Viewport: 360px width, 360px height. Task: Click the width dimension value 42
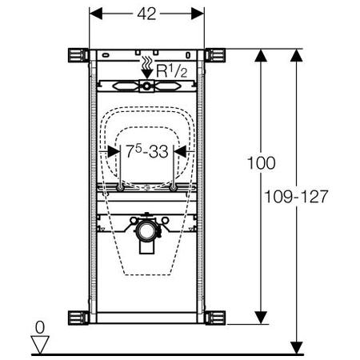coord(146,14)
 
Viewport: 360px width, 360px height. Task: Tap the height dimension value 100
coord(262,163)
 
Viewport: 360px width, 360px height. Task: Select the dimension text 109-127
coord(296,197)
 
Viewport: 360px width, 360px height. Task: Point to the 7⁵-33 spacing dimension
coord(147,151)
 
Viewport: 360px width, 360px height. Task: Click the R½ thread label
coord(172,71)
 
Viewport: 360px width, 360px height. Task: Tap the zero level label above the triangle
coord(40,327)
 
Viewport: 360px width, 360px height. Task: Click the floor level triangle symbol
coord(40,345)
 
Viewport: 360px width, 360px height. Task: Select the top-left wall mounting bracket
coord(78,55)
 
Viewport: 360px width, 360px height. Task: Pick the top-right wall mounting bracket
coord(215,55)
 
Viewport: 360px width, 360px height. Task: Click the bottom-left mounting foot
coord(78,318)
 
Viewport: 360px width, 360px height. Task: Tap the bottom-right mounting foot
coord(215,318)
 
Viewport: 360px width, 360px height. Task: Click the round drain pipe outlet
coord(146,230)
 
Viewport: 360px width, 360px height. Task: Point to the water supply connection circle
coord(146,86)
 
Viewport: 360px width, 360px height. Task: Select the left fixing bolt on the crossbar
coord(120,188)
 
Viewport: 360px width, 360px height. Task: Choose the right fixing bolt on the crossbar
coord(174,188)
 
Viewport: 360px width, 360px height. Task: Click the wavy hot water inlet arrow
coord(146,67)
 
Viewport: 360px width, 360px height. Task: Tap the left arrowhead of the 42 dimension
coord(96,14)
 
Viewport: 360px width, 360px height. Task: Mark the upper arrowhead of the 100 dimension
coord(261,55)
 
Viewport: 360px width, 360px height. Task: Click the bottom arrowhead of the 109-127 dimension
coord(297,348)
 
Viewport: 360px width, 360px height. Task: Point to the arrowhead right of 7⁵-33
coord(180,151)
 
